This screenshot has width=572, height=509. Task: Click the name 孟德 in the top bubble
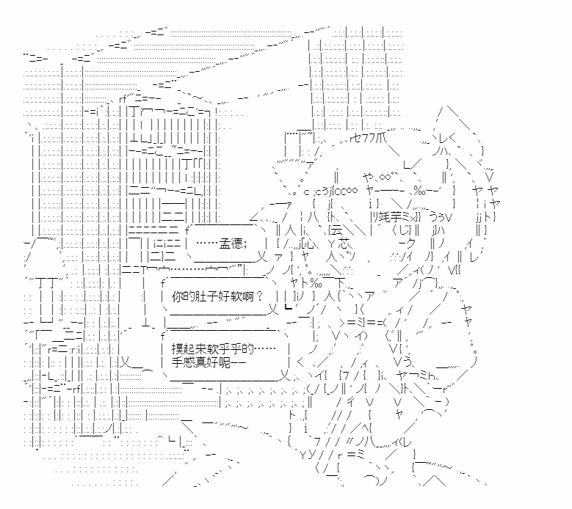coord(229,243)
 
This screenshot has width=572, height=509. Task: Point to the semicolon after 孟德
coord(245,243)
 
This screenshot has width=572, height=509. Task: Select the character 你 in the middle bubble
coord(176,297)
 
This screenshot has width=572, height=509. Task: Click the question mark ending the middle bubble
coord(258,297)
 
